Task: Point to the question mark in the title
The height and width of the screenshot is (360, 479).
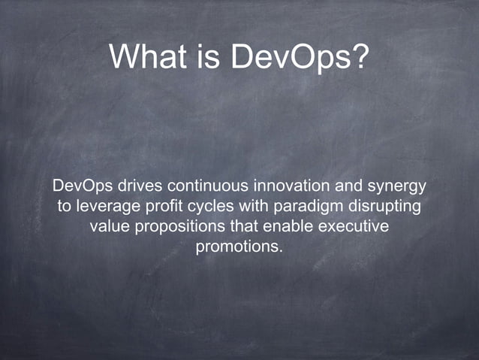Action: point(361,56)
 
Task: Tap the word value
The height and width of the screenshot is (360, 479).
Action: point(108,226)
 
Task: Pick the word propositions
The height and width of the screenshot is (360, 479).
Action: point(176,226)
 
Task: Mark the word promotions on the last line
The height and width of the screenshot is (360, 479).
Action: point(239,247)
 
